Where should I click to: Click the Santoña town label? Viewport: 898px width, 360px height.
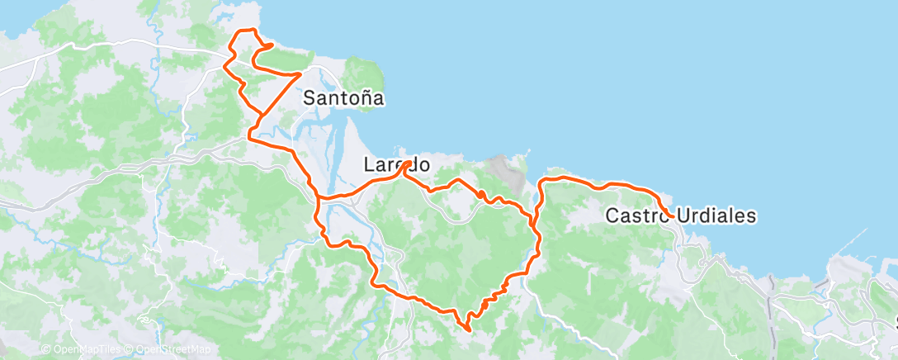(343, 97)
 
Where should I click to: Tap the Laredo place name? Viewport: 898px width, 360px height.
(397, 165)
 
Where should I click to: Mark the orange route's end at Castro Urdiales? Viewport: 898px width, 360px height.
(673, 217)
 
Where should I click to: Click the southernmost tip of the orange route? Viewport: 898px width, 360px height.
(469, 329)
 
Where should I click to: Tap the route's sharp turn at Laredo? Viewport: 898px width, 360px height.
(408, 163)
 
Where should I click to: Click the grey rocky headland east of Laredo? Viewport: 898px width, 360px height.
(506, 173)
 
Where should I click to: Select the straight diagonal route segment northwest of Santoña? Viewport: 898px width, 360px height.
(280, 92)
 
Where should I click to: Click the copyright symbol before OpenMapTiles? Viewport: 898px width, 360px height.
(45, 350)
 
